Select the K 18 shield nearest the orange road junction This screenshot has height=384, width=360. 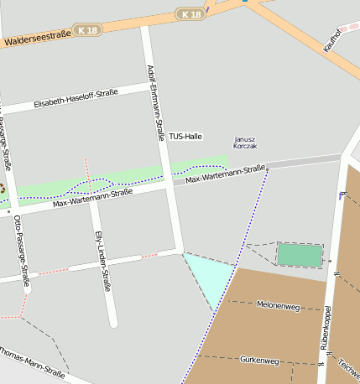[x=190, y=14]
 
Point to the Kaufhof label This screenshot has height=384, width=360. [x=332, y=39]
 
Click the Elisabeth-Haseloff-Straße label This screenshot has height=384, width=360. [x=76, y=99]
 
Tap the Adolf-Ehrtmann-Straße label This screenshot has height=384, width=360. [x=155, y=102]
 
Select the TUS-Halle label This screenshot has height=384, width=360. [x=185, y=136]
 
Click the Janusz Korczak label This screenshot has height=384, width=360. [x=245, y=143]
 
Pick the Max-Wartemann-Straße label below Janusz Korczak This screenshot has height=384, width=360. [x=226, y=174]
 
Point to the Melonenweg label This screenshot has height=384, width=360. [x=278, y=304]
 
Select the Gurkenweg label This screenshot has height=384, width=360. [x=259, y=361]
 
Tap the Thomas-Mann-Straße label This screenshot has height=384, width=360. [x=32, y=361]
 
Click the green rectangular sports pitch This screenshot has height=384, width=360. [x=300, y=255]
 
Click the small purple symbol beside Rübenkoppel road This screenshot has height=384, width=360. [x=341, y=195]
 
